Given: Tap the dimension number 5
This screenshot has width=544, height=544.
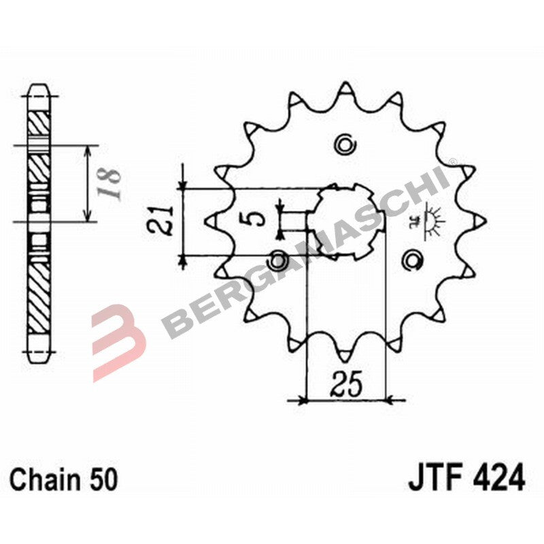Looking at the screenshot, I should (x=254, y=219).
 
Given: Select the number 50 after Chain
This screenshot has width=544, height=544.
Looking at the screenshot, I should (x=102, y=480).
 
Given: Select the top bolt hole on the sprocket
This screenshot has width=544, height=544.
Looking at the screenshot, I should (x=345, y=143).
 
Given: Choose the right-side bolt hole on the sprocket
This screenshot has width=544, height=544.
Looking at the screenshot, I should (x=411, y=258).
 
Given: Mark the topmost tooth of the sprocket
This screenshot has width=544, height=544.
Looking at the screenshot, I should (x=345, y=90).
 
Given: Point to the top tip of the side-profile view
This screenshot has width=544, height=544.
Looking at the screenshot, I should (x=40, y=88).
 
